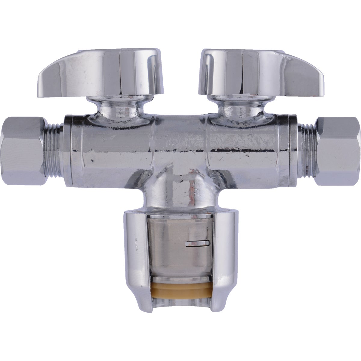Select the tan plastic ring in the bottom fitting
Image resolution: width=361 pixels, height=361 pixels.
point(180,290)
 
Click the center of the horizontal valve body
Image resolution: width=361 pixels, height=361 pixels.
point(180,144)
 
